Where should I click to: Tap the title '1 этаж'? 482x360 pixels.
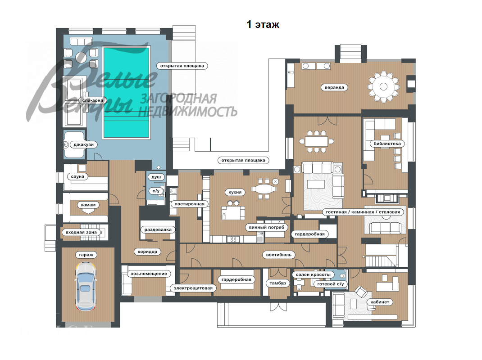tap(263, 25)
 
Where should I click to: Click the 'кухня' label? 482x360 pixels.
tap(235, 192)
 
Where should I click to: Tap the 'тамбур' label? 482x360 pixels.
tap(277, 283)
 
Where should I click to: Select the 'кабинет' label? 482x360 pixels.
tap(380, 302)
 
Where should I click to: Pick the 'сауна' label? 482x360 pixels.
tap(77, 176)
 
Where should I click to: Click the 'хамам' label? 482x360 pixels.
tap(87, 205)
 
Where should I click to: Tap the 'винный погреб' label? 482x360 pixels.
tap(266, 227)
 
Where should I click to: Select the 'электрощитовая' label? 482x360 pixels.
tap(192, 288)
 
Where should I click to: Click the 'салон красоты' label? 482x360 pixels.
tap(313, 274)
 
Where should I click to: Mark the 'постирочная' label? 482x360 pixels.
tap(187, 204)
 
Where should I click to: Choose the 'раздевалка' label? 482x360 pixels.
tap(158, 229)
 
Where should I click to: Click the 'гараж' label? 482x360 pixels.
tap(86, 255)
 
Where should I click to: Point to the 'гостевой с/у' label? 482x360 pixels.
tap(330, 284)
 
